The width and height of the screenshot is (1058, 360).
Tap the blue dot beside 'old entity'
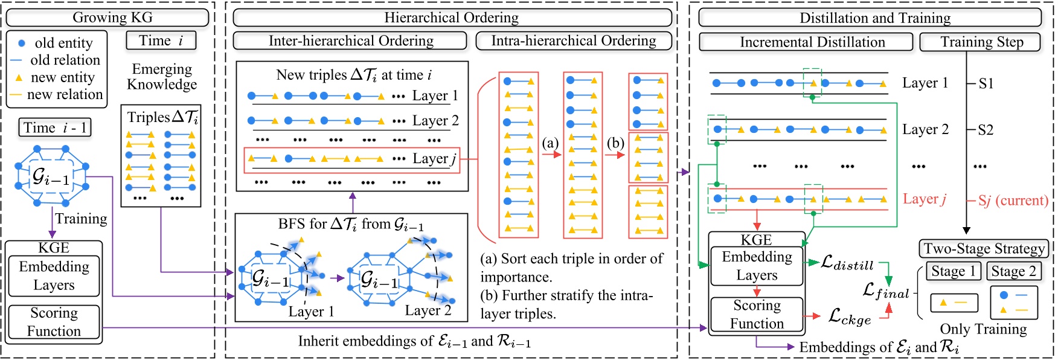click(21, 43)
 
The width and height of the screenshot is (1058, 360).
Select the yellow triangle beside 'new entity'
click(19, 78)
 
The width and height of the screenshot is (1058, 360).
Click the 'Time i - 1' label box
click(55, 127)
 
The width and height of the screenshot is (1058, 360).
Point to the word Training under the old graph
click(81, 219)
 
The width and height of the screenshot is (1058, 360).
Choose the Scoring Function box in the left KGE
click(54, 322)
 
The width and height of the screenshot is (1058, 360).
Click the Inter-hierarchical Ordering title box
click(350, 41)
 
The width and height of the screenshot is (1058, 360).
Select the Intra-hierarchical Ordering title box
click(574, 41)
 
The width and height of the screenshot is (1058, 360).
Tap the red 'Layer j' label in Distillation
click(924, 199)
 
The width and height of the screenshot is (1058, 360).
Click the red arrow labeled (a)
click(551, 155)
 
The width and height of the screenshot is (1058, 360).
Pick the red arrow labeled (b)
click(615, 155)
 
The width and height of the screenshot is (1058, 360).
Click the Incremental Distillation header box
click(806, 42)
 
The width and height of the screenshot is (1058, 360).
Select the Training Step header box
click(981, 42)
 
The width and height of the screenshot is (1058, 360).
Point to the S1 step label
click(986, 83)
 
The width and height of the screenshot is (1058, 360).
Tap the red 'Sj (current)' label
click(1013, 200)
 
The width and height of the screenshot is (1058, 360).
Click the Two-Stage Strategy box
click(984, 249)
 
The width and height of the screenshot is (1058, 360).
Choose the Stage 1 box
click(954, 272)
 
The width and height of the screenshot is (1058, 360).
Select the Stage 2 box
click(1014, 272)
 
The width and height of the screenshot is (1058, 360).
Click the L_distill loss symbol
click(847, 263)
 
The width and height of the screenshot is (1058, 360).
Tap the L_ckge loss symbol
click(850, 317)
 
